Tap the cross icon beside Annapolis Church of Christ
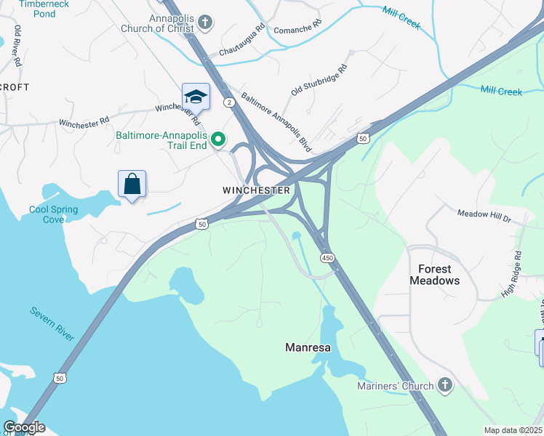pyautogui.click(x=205, y=23)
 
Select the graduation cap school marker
pyautogui.click(x=196, y=97)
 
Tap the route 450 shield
pyautogui.click(x=327, y=258)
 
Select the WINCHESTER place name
pyautogui.click(x=256, y=190)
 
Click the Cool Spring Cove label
pyautogui.click(x=53, y=214)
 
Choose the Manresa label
pyautogui.click(x=307, y=347)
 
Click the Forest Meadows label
pyautogui.click(x=434, y=275)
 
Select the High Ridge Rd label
pyautogui.click(x=512, y=275)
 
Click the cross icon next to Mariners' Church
pyautogui.click(x=445, y=386)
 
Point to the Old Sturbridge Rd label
pyautogui.click(x=319, y=80)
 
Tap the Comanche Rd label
pyautogui.click(x=297, y=28)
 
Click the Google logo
pyautogui.click(x=25, y=428)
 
